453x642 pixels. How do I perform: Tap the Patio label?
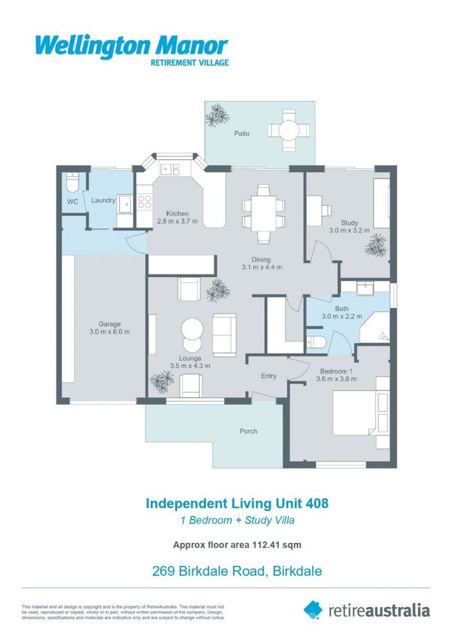[x=241, y=134]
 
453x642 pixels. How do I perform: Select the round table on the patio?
[x=289, y=130]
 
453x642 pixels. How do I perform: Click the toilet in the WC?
[x=72, y=181]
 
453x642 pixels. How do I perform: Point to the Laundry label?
[x=103, y=200]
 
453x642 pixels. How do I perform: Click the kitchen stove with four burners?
[x=144, y=202]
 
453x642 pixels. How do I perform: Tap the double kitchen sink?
[x=173, y=169]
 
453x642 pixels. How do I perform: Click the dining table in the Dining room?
[x=262, y=213]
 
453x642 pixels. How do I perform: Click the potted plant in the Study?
[x=376, y=245]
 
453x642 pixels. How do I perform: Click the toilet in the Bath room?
[x=315, y=343]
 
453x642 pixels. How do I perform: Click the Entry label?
[x=268, y=376]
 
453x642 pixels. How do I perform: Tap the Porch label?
[x=248, y=431]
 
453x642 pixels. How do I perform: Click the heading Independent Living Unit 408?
[x=237, y=503]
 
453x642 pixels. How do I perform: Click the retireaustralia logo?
[x=366, y=610]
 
